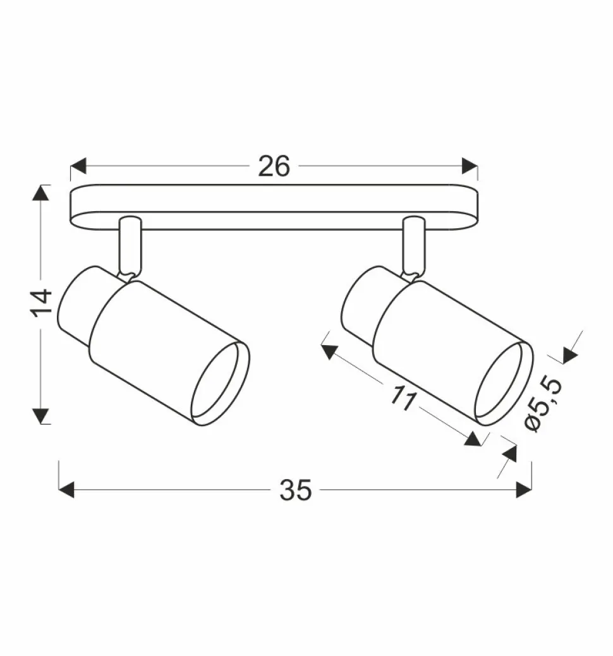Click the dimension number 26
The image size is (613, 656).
[x=274, y=166]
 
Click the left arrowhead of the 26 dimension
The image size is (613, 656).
[x=78, y=166]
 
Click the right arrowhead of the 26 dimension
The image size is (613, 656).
[x=470, y=166]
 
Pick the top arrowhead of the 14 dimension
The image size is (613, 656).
[x=41, y=193]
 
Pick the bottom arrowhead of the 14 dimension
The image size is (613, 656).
[x=41, y=416]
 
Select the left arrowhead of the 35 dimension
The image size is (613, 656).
[x=66, y=490]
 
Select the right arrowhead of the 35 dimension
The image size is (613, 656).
[x=523, y=490]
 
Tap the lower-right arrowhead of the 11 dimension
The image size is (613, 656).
[x=473, y=439]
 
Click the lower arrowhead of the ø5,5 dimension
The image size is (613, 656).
[x=509, y=453]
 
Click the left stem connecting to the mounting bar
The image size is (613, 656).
[x=130, y=246]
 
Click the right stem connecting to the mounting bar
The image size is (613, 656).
[x=414, y=246]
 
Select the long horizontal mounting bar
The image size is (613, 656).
[x=273, y=207]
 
